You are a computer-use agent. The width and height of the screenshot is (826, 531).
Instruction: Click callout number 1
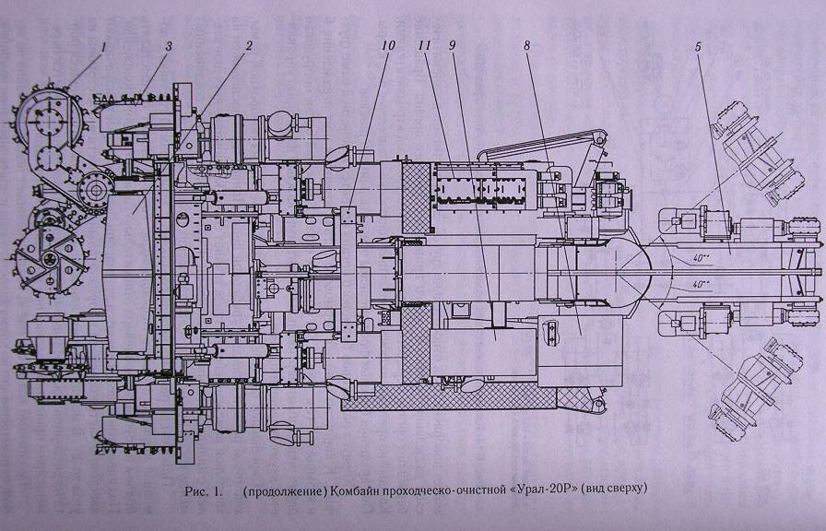pos(104,46)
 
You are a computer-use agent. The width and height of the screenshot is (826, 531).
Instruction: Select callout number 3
pos(168,46)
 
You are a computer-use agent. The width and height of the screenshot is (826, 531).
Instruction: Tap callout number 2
pos(249,46)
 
